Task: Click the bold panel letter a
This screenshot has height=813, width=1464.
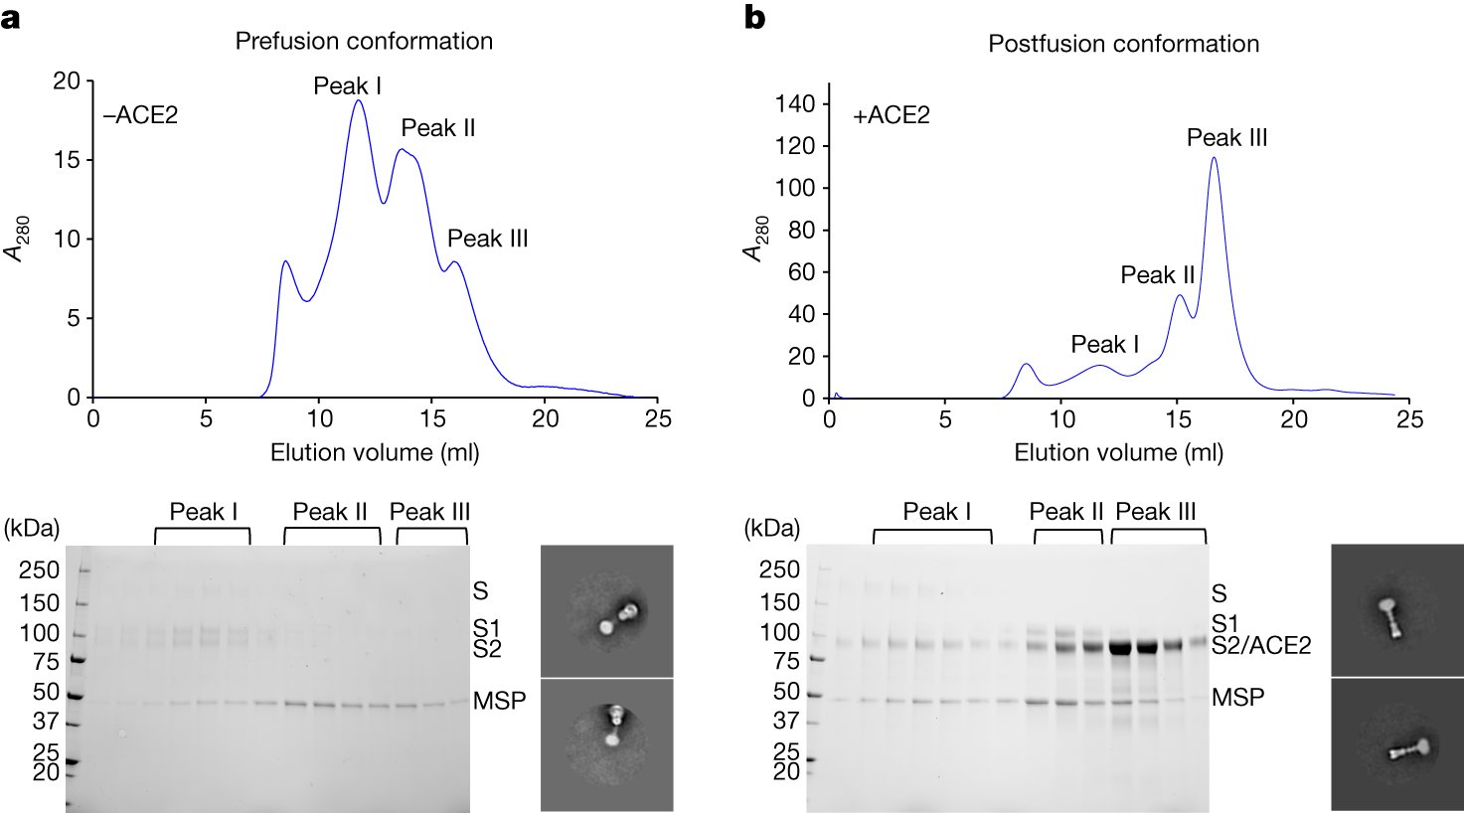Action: point(11,18)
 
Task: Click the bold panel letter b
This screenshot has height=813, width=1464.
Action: point(755,17)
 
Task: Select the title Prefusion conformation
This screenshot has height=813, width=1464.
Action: point(364,42)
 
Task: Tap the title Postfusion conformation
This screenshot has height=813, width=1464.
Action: point(1123,45)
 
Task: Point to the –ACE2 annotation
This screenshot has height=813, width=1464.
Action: point(140,115)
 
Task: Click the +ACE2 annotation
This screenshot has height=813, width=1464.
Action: point(891,115)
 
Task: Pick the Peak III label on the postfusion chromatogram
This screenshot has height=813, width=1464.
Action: point(1226,138)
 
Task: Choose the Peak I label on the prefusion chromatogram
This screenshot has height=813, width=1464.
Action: point(348,86)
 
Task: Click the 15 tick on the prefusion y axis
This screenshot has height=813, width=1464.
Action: point(66,160)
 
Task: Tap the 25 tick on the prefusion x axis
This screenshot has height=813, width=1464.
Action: point(657,419)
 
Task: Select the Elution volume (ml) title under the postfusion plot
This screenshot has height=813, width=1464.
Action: point(1118,453)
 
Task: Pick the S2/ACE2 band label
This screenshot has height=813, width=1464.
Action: point(1261,646)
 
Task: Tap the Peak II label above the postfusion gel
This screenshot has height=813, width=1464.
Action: point(1066,512)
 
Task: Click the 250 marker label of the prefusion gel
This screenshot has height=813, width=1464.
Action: point(41,570)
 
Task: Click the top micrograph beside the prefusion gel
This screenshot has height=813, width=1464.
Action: point(606,610)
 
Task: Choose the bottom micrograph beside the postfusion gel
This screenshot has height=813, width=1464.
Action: point(1396,745)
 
